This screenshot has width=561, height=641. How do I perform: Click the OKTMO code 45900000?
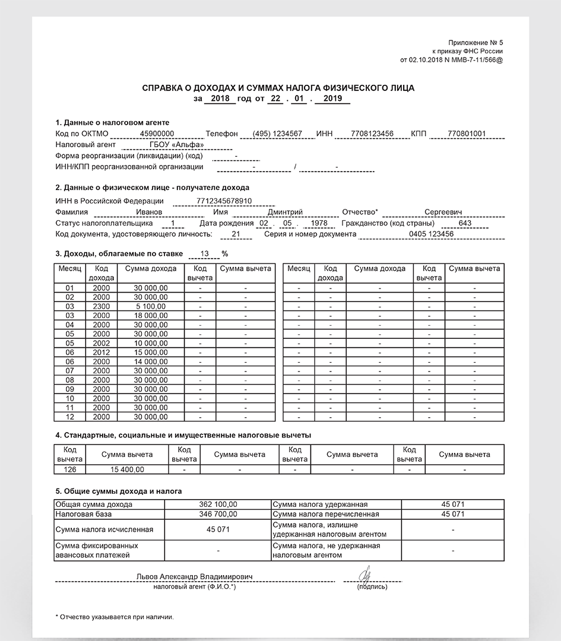point(148,134)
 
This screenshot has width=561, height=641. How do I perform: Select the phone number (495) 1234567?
point(277,134)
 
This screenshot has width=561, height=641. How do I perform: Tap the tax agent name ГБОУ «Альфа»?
point(177,144)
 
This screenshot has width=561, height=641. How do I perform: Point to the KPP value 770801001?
point(467,134)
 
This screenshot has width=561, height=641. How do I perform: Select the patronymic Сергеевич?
point(443,212)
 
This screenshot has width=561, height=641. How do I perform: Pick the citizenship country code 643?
point(465,223)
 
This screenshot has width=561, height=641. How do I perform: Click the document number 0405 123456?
point(431,234)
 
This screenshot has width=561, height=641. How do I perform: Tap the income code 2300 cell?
point(102,306)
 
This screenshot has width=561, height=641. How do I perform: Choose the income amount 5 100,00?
point(151,306)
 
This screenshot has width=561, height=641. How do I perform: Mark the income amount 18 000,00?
point(151,316)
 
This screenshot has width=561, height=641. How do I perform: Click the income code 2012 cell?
point(102,353)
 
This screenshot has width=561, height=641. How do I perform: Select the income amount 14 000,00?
point(151,361)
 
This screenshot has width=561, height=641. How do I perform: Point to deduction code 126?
point(69,469)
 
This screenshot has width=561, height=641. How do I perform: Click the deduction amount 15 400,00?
point(127,469)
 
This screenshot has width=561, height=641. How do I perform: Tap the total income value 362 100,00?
point(218,504)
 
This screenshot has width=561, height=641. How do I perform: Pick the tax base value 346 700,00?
point(218,514)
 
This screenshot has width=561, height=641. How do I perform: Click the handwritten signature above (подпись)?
point(366,574)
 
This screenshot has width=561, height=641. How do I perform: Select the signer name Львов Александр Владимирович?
point(194,577)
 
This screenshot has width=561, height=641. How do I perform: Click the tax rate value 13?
point(205,253)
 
